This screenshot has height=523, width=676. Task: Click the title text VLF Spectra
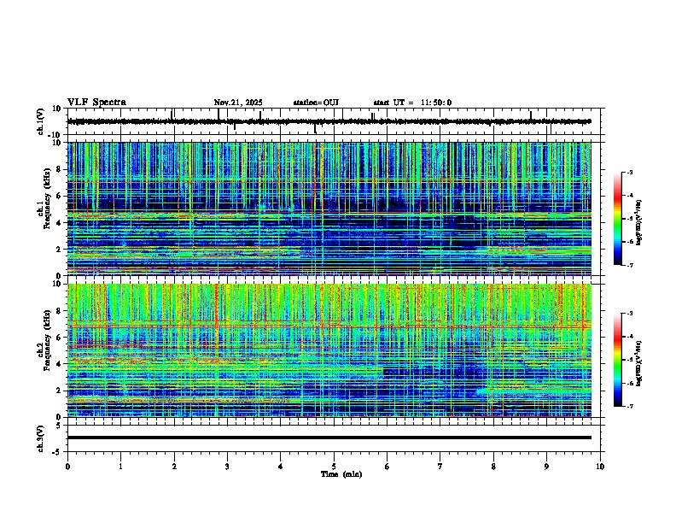(x=96, y=103)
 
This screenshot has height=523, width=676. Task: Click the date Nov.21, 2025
(x=238, y=103)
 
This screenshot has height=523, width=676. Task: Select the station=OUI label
(x=316, y=103)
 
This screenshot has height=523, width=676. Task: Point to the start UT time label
(x=412, y=103)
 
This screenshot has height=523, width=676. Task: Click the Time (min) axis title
(x=341, y=473)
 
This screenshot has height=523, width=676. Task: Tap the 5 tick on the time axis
(x=335, y=466)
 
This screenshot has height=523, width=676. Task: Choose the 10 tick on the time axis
(x=601, y=466)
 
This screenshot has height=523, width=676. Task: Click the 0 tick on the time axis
(x=67, y=466)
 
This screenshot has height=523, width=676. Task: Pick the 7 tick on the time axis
(x=441, y=466)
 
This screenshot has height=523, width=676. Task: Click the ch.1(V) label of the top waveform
(x=41, y=121)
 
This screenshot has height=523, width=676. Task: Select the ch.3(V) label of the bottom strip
(x=41, y=437)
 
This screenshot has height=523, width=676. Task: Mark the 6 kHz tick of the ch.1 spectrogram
(x=60, y=196)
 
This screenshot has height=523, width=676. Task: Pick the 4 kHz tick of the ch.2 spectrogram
(x=60, y=364)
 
